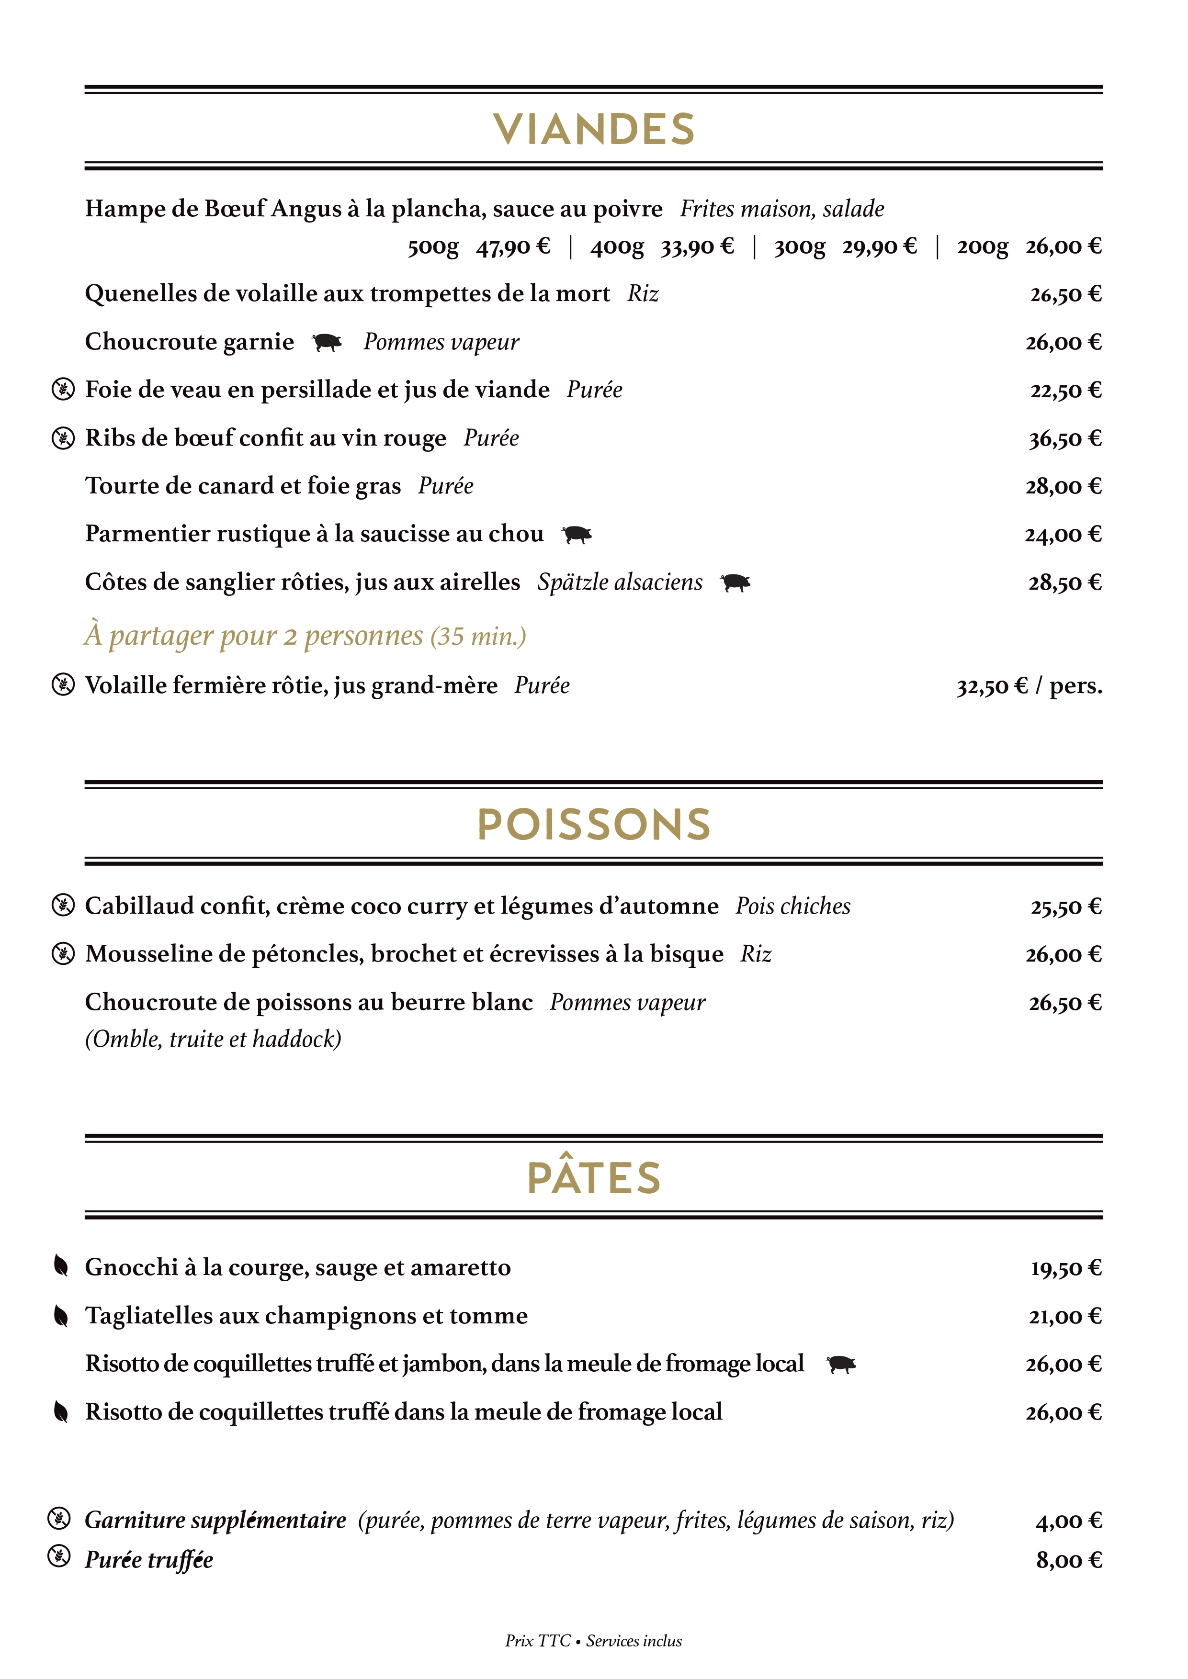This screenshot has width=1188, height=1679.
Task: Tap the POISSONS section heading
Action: tap(593, 824)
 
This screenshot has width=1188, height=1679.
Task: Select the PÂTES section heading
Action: tap(593, 1177)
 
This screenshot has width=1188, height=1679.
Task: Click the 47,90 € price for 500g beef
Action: tap(513, 246)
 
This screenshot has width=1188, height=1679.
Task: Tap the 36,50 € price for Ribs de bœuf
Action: tap(1064, 439)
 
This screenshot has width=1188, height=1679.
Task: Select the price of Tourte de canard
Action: tap(1063, 486)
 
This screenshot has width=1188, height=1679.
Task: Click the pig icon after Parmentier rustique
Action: tap(577, 535)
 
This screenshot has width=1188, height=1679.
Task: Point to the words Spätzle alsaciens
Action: tap(620, 582)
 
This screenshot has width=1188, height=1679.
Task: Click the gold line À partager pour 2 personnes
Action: tap(305, 636)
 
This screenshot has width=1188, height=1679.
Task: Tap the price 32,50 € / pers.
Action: tap(1029, 686)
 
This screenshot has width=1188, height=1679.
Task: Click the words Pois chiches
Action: tap(793, 906)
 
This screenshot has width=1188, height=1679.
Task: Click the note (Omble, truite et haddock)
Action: tap(213, 1039)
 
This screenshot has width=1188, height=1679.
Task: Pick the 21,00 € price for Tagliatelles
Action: tap(1064, 1316)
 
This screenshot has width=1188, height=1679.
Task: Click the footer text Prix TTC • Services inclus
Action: tap(593, 1641)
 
